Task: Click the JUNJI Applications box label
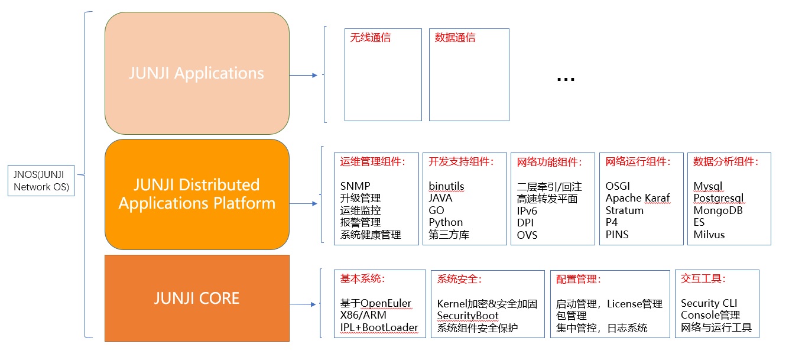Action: (197, 73)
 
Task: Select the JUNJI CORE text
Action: (197, 298)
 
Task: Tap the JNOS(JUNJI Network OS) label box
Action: (41, 180)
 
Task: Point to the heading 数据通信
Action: (455, 38)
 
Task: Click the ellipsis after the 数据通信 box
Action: (566, 79)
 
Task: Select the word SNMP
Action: (355, 186)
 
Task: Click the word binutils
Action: (447, 186)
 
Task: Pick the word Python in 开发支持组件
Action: (446, 222)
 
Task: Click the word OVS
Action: (527, 235)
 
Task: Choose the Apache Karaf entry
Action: (638, 198)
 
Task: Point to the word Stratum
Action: (624, 210)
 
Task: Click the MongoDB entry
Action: (718, 210)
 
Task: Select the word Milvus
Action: (709, 235)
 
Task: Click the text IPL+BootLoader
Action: (379, 327)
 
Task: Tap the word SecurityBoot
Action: (467, 316)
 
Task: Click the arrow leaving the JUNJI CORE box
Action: (304, 304)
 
